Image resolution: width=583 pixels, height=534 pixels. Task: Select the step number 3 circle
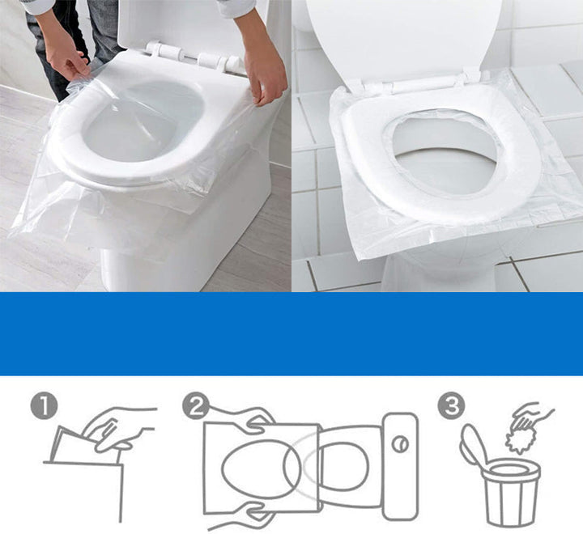point(450,405)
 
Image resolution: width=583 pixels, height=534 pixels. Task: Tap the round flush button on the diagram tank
point(398,444)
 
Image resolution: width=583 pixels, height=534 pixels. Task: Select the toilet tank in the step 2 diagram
point(400,465)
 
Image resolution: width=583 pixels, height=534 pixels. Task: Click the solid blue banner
point(291,333)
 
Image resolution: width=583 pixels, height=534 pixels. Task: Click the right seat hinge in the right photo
point(470,77)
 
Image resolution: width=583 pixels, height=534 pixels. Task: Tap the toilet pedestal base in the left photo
point(186,251)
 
